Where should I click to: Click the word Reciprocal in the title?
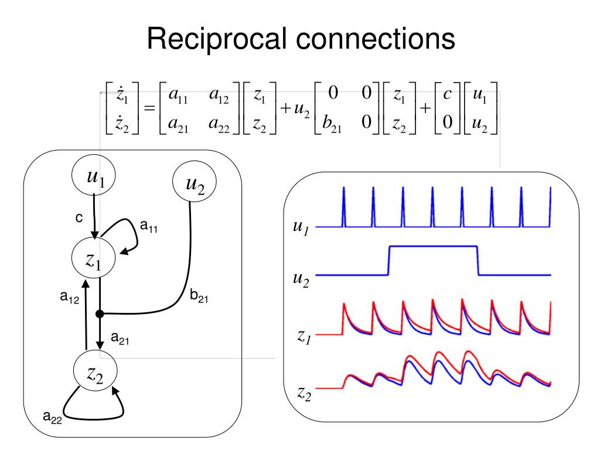(217, 39)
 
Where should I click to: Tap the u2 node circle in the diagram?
(195, 182)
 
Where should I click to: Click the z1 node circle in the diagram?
(93, 258)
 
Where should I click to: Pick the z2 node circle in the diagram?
(95, 370)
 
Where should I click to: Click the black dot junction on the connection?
(100, 314)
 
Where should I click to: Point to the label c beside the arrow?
(79, 218)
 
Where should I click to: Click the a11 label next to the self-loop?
(149, 226)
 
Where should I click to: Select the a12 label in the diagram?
(70, 297)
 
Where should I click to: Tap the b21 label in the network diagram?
(199, 296)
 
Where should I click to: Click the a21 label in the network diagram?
(120, 338)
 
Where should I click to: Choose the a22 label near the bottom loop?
(52, 417)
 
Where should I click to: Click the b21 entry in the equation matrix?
(332, 123)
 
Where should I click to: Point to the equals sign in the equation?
(149, 108)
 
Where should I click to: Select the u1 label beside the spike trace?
(301, 227)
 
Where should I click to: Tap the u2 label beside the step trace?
(301, 279)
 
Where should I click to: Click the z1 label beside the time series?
(304, 337)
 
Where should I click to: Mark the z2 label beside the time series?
(305, 394)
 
